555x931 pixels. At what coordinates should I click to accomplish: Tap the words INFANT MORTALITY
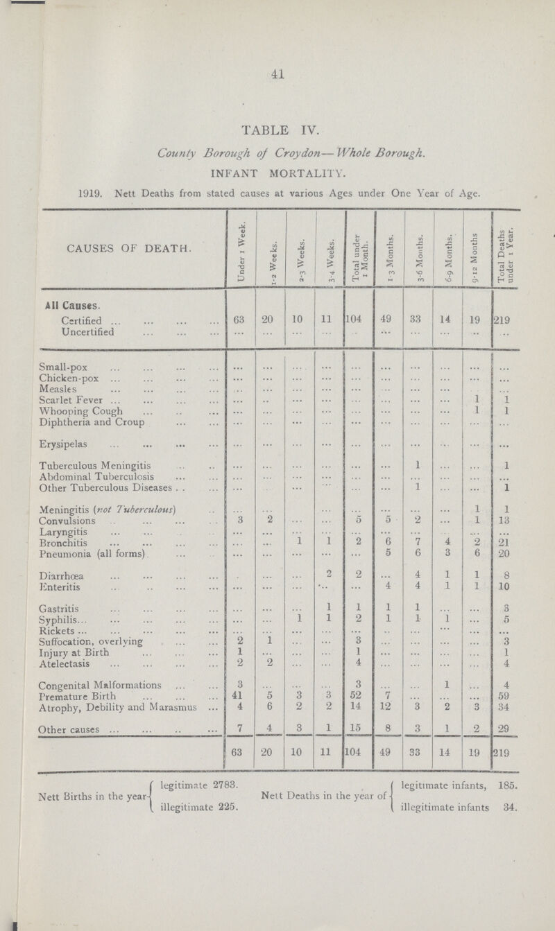point(277,166)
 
